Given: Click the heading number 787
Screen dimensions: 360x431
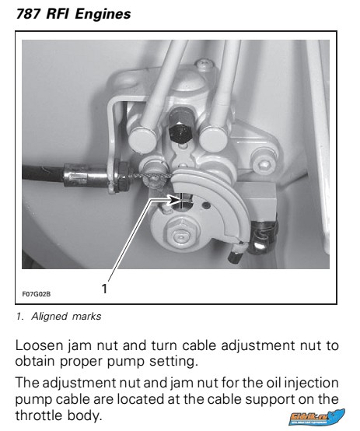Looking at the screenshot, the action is click(x=28, y=14).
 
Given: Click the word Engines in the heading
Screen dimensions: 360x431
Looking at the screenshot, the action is click(x=103, y=15).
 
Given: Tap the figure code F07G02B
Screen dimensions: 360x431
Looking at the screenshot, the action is click(x=37, y=294).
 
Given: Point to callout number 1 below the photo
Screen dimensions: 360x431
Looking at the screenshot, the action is click(x=104, y=289).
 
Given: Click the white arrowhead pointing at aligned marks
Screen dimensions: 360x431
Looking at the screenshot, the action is click(x=173, y=200).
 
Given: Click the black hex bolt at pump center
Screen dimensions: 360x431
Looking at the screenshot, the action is click(x=180, y=133).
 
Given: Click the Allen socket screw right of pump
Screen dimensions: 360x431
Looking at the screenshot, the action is click(x=264, y=164).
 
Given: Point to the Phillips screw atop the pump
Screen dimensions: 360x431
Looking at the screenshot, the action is click(x=204, y=65).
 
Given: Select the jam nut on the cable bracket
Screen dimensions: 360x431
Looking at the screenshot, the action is click(x=123, y=177).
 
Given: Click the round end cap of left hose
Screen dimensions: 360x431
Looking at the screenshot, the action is click(x=143, y=140).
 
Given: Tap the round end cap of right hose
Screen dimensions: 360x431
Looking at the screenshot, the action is click(x=213, y=138).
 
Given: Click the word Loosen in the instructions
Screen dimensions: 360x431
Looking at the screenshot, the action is click(x=39, y=345).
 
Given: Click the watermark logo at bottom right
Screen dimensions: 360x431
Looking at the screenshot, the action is click(x=316, y=417).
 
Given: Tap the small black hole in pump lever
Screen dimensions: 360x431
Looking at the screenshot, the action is click(x=207, y=205).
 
